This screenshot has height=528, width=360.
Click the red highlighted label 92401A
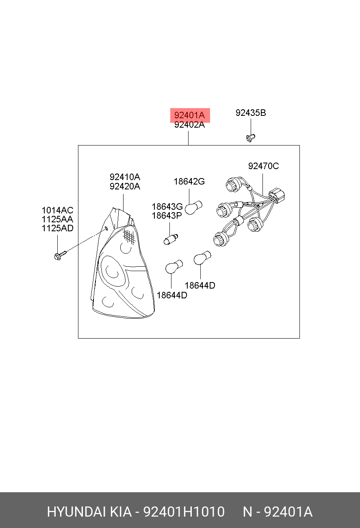point(190,115)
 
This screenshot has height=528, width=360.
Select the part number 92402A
point(189,125)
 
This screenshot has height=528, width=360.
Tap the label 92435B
point(251,113)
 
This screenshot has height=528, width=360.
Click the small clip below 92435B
point(250,138)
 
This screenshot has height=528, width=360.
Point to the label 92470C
point(263,166)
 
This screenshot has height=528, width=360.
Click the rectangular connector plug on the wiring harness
point(277,196)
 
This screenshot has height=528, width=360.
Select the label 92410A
point(125,177)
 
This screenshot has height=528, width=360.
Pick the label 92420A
point(125,187)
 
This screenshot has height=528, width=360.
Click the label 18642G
point(189,182)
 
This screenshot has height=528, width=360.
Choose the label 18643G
point(167,206)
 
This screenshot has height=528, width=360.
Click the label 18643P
point(167,216)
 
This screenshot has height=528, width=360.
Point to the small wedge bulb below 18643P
point(171,239)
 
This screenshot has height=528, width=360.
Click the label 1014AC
point(57,210)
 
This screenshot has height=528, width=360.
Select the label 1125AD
point(57,228)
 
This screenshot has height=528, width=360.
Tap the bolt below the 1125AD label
point(60,255)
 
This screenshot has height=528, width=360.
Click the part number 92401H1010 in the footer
point(184,512)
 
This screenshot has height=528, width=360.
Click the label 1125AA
point(57,219)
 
